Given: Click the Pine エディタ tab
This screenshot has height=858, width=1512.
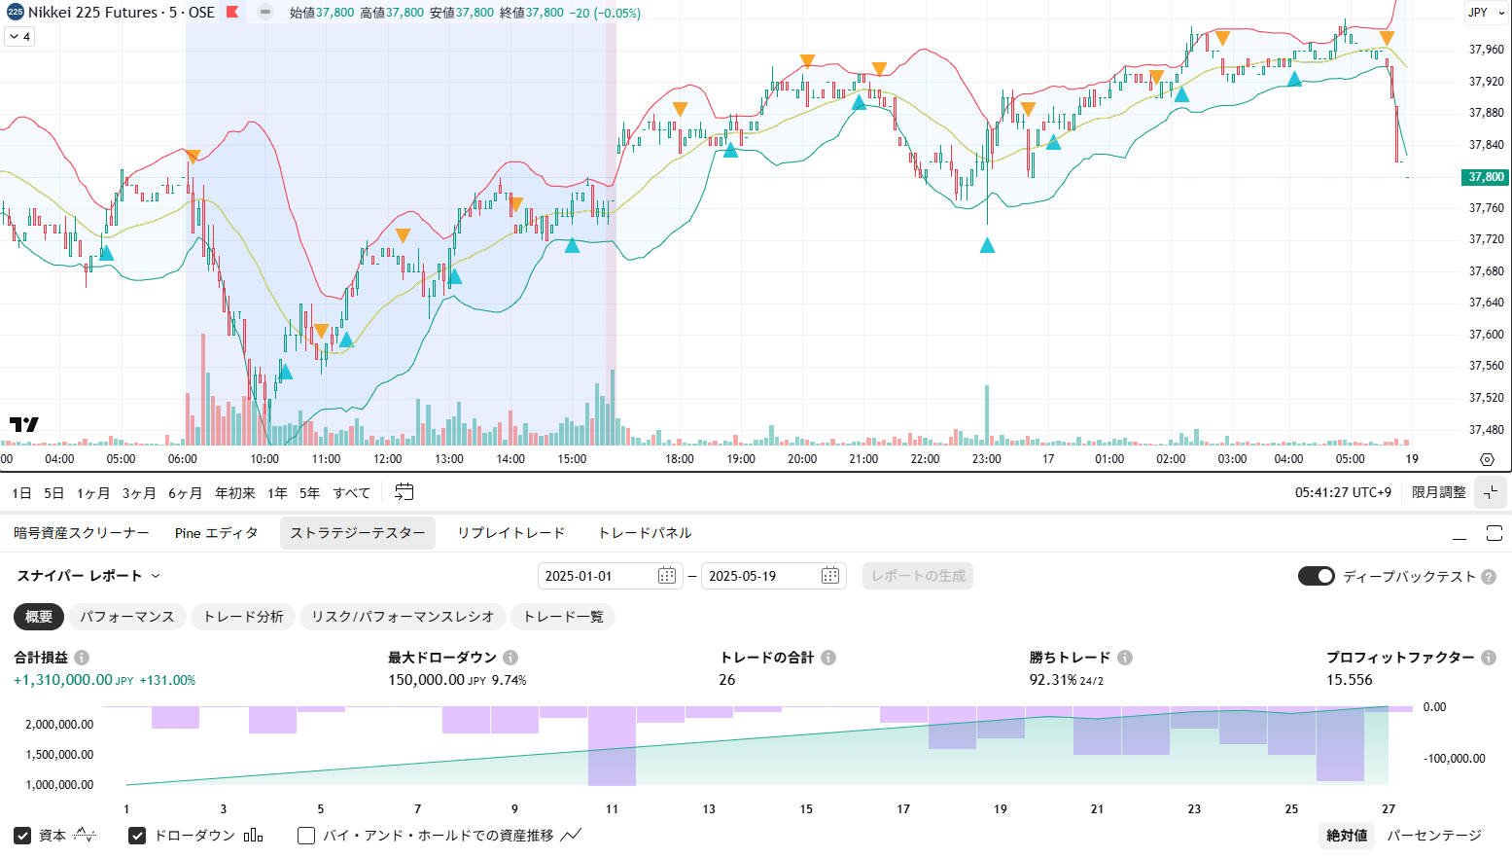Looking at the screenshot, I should pyautogui.click(x=216, y=533).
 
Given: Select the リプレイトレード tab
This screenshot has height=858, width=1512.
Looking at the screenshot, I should pyautogui.click(x=510, y=533).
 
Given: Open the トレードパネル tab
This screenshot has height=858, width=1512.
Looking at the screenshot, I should pyautogui.click(x=645, y=533).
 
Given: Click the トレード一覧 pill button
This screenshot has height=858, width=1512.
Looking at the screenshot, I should pyautogui.click(x=563, y=617).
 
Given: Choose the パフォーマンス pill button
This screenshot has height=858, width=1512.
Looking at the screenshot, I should pyautogui.click(x=126, y=617).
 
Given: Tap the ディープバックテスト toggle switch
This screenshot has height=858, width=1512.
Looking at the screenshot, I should pyautogui.click(x=1316, y=576).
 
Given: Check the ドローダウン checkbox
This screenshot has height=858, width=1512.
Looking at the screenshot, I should pyautogui.click(x=137, y=836).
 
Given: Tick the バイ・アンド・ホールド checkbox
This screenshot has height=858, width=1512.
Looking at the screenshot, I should pyautogui.click(x=306, y=836).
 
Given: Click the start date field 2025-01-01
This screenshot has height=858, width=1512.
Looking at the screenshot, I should pyautogui.click(x=610, y=576).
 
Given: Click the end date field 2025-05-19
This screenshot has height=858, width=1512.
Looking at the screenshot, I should pyautogui.click(x=773, y=576).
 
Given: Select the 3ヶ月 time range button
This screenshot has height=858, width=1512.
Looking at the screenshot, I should pyautogui.click(x=139, y=493).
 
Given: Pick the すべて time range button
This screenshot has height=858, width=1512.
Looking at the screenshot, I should pyautogui.click(x=351, y=493).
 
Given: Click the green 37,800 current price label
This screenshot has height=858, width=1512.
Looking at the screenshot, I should pyautogui.click(x=1485, y=177).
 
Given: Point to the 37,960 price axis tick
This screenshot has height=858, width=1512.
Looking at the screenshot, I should pyautogui.click(x=1486, y=50).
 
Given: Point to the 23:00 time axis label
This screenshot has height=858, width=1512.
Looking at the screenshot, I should pyautogui.click(x=986, y=459).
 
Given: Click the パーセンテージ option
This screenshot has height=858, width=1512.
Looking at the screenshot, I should pyautogui.click(x=1433, y=836).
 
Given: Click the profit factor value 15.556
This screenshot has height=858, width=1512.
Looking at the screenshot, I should pyautogui.click(x=1349, y=680).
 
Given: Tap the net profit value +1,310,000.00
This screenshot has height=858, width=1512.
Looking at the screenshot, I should pyautogui.click(x=63, y=680).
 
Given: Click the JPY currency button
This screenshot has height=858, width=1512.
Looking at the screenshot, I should pyautogui.click(x=1479, y=13).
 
